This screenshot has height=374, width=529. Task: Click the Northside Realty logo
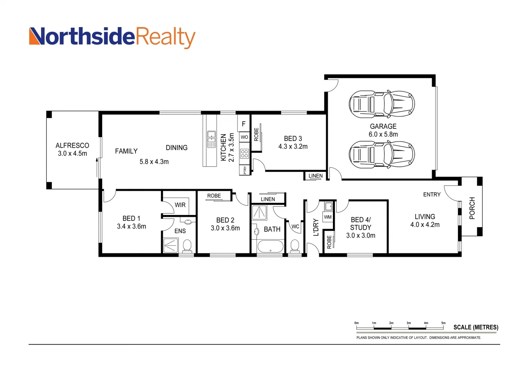pos(112,37)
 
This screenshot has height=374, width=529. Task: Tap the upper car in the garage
pos(381,104)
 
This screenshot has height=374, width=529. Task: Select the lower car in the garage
pos(381,154)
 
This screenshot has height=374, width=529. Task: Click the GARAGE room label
pos(383,126)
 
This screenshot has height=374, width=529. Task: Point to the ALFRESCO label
pos(72,145)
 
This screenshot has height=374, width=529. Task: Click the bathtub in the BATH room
pos(270,247)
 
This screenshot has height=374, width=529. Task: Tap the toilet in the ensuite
pos(187,246)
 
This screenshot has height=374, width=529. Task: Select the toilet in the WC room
pos(295,246)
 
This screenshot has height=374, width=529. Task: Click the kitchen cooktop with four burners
pos(244,154)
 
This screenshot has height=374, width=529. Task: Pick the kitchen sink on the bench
pos(211,139)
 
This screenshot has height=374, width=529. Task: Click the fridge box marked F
pos(244,124)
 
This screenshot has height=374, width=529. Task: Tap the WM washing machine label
pos(328,217)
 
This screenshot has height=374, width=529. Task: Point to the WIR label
pos(180,205)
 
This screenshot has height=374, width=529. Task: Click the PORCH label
pos(472,208)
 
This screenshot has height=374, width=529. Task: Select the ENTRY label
pos(432,195)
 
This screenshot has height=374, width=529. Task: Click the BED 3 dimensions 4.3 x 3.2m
pos(293,146)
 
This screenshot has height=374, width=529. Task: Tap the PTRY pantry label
pos(245,170)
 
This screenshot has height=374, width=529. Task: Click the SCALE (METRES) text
pos(476,327)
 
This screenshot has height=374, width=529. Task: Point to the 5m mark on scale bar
pos(443,323)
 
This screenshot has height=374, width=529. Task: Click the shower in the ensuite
pos(170,246)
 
